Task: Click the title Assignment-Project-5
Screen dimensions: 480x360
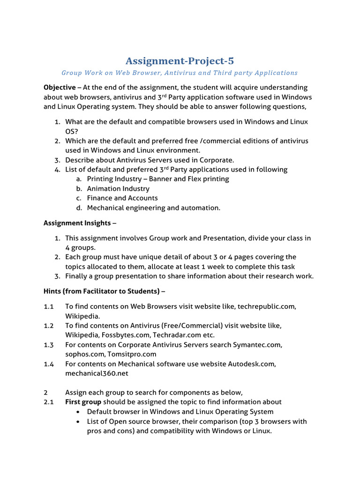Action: (180, 61)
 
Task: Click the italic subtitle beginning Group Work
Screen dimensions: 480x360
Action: (180, 73)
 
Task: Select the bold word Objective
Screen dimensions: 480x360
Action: (60, 87)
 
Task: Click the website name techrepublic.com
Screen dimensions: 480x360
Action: (267, 306)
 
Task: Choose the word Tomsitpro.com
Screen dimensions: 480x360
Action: (132, 354)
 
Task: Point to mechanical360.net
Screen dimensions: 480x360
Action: (97, 374)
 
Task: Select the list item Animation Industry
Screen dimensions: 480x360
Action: (118, 188)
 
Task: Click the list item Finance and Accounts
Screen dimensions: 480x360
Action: (122, 198)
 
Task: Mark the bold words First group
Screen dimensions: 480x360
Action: (83, 402)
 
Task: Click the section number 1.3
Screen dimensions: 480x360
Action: (49, 345)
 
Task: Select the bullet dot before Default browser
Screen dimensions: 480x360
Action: (77, 412)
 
